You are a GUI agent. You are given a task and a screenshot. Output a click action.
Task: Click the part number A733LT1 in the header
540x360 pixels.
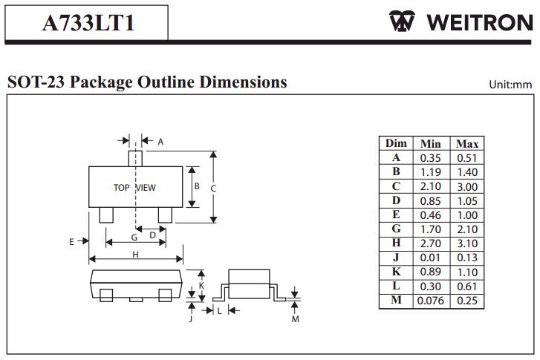coord(88,22)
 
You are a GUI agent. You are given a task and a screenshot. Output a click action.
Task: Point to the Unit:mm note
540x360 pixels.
coord(510,84)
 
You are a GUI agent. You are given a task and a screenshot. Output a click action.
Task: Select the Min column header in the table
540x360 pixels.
coord(431,143)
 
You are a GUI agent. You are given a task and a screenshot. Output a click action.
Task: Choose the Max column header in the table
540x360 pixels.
coord(467,143)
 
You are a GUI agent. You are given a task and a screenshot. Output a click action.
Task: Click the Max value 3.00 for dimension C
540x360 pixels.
coord(467,186)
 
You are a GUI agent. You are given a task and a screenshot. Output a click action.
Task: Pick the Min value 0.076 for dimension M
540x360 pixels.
coord(431,301)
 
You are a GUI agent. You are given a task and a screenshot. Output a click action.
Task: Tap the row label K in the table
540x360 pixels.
coord(397,272)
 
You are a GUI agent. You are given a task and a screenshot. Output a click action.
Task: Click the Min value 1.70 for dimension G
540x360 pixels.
coord(431,229)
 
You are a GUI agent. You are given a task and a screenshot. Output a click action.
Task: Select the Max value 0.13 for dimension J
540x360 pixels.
coord(467,258)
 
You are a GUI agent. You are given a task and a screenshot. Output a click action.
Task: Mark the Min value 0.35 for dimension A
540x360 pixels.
coord(431,157)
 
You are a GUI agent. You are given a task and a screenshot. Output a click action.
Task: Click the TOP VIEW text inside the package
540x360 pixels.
coord(134,188)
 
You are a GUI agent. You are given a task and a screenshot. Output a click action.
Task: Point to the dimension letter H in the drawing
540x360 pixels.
coord(136,254)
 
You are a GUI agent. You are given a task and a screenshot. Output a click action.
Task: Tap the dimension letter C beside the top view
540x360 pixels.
coord(213,189)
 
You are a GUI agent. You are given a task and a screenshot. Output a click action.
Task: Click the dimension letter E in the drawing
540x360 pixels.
coord(71,241)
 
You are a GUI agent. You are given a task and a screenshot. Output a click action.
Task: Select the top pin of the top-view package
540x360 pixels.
coord(135,158)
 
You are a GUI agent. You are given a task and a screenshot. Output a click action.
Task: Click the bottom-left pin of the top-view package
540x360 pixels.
coord(105,215)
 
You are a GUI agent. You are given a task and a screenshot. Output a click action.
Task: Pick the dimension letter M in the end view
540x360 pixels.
coord(295,319)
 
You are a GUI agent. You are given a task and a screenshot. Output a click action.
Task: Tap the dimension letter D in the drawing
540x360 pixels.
coord(152,235)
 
